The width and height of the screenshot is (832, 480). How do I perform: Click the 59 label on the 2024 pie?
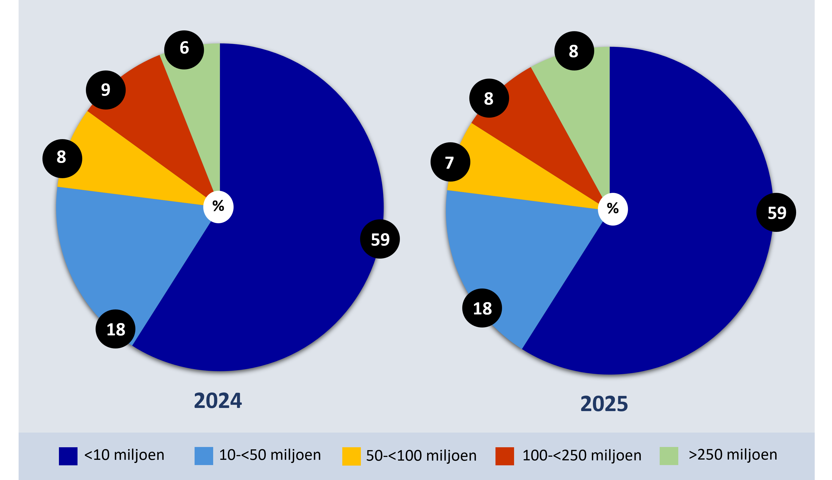click(x=380, y=239)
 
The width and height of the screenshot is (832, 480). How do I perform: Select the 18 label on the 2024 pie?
click(x=116, y=329)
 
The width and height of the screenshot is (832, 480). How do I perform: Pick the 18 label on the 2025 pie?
click(x=482, y=308)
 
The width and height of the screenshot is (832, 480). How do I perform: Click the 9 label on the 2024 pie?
click(x=106, y=90)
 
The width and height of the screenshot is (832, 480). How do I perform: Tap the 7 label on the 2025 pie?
click(x=450, y=162)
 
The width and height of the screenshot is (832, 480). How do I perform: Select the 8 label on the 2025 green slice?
click(x=574, y=51)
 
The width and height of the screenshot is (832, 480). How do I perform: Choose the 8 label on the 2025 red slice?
click(x=489, y=99)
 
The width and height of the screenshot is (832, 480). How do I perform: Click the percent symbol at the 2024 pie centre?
click(x=218, y=207)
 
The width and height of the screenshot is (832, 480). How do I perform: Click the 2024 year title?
click(x=218, y=401)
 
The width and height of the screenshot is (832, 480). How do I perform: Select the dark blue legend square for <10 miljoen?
click(x=68, y=456)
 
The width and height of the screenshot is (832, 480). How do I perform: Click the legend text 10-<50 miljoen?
click(x=270, y=455)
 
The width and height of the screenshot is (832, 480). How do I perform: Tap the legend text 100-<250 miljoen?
click(x=582, y=456)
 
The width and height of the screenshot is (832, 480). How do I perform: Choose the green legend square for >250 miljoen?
click(x=669, y=456)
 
